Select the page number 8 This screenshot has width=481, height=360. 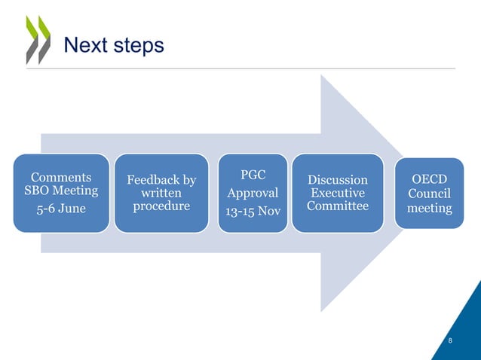point(450,341)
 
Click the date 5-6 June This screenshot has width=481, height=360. point(61,208)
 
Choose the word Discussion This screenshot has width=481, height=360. point(338,180)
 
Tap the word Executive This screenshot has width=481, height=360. point(338,193)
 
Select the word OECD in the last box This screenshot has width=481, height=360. point(429,179)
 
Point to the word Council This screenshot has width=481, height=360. point(429,193)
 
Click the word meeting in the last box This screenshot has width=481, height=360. point(429,207)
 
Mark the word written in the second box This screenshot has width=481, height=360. point(161,194)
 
